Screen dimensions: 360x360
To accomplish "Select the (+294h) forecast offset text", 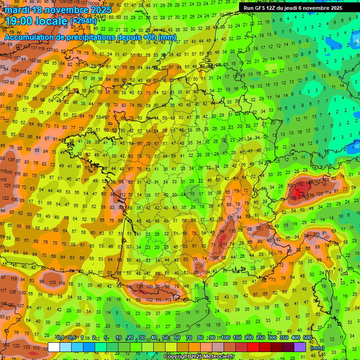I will coord(83,21).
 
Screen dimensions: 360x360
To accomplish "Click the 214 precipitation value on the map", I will coord(300,197).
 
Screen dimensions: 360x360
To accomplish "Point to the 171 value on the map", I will coord(225,245).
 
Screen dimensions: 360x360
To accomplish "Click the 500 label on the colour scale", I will coord(307,337).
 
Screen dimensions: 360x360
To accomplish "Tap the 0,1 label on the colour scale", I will coord(60,337).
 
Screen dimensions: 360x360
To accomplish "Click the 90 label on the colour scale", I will coord(212,337).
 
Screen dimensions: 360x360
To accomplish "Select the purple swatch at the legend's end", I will coord(300,347).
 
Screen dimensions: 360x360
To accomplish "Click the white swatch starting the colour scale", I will coord(54,347).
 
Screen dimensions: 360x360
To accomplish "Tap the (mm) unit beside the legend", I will coord(317,348).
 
